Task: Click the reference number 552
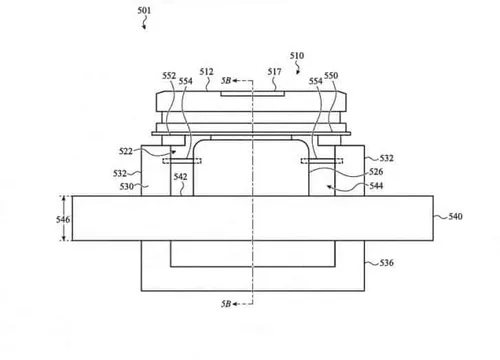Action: [169, 77]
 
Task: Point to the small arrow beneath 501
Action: [146, 27]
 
